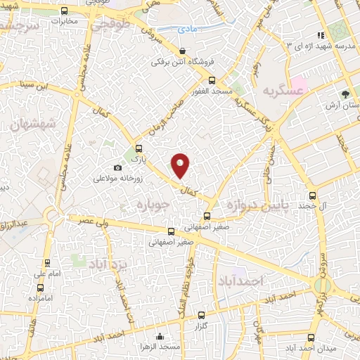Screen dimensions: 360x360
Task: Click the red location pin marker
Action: [181, 165]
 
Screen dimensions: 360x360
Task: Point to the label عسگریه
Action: [283, 91]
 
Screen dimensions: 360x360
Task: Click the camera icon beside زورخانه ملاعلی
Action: [117, 168]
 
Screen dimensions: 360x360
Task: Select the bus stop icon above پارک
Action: [139, 148]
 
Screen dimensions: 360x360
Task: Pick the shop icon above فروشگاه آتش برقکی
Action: [183, 51]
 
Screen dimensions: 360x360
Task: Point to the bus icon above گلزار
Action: [202, 315]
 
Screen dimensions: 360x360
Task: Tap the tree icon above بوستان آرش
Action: [345, 94]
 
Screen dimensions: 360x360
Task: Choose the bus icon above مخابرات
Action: [65, 11]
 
